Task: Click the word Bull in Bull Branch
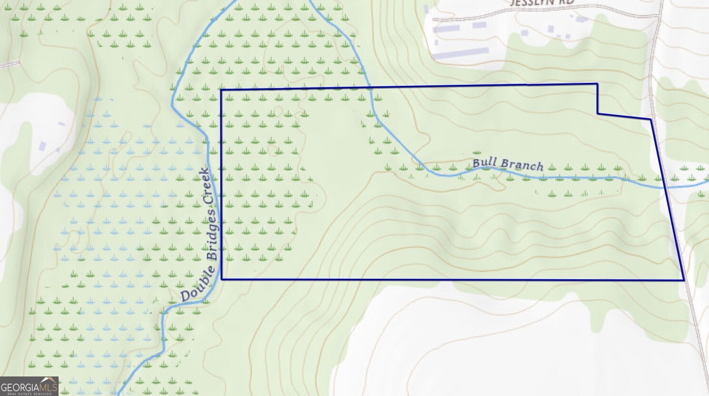coord(484,162)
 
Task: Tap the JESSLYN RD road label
coord(542,3)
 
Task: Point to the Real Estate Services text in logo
coord(29,394)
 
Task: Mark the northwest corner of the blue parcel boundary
coord(221,90)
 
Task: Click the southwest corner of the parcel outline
coord(222,279)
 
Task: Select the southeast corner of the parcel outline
coord(684,280)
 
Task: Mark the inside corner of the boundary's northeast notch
coord(598,113)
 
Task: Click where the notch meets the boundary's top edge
coord(597,84)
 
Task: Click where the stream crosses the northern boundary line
coord(370,88)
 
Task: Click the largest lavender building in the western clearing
coord(42,146)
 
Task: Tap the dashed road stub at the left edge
coord(10,64)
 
